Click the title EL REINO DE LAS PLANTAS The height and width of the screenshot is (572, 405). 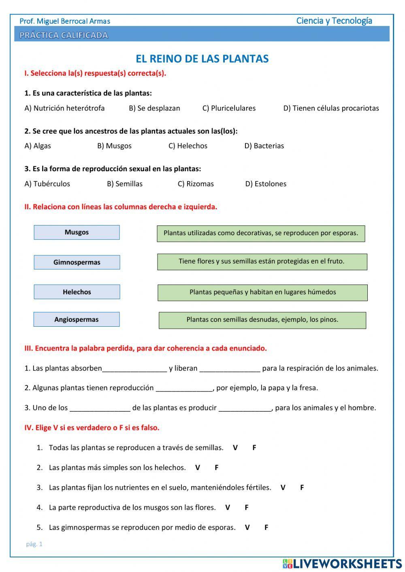pyautogui.click(x=202, y=59)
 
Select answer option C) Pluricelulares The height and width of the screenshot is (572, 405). pyautogui.click(x=229, y=108)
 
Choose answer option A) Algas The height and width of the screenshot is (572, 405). pyautogui.click(x=38, y=146)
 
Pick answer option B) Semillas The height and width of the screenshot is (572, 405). pyautogui.click(x=125, y=184)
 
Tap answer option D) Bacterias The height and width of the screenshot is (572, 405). pyautogui.click(x=264, y=146)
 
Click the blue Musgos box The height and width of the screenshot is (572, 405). pyautogui.click(x=77, y=232)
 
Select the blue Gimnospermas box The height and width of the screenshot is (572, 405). pyautogui.click(x=77, y=262)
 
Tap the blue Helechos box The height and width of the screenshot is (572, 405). pyautogui.click(x=77, y=292)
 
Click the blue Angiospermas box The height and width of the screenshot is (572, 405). pyautogui.click(x=77, y=319)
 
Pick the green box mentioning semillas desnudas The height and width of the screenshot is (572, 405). pyautogui.click(x=262, y=320)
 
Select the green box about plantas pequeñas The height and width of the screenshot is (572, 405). pyautogui.click(x=262, y=292)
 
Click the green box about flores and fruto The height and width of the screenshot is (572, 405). pyautogui.click(x=262, y=262)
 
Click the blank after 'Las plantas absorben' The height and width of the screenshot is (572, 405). pyautogui.click(x=134, y=368)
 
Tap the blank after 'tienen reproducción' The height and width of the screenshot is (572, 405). pyautogui.click(x=184, y=388)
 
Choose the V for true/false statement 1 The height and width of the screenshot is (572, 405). pyautogui.click(x=235, y=448)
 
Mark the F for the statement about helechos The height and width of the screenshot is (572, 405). pyautogui.click(x=217, y=468)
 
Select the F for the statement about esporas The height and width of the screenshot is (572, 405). pyautogui.click(x=266, y=527)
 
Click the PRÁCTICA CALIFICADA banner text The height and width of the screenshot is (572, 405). pyautogui.click(x=64, y=35)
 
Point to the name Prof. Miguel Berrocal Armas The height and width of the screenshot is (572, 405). pyautogui.click(x=65, y=21)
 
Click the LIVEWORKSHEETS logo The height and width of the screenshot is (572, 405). pyautogui.click(x=342, y=563)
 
